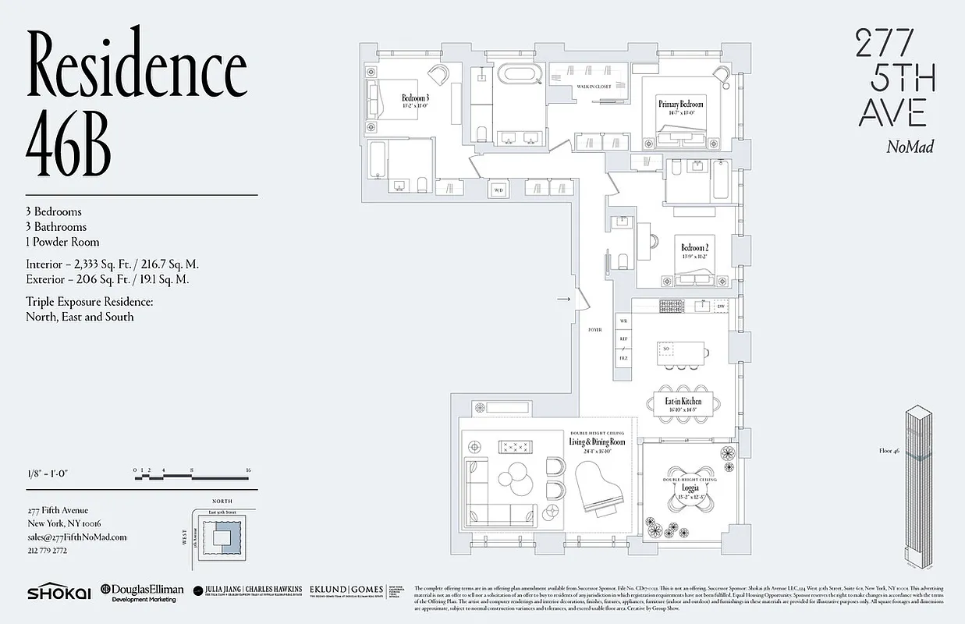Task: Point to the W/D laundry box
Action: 498,189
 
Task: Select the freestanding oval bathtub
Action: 520,76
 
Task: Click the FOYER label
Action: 595,330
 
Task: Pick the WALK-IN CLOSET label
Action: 594,87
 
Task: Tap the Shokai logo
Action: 55,592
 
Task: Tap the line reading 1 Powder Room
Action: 62,242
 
